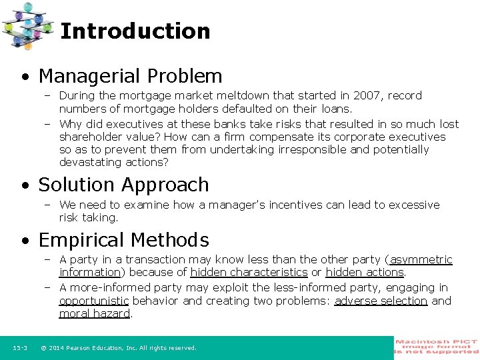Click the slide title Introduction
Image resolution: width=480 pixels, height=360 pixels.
135,31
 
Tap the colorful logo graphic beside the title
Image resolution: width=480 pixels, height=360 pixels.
27,25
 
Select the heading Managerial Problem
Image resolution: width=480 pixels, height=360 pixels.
130,76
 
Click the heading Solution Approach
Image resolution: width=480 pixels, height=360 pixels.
123,185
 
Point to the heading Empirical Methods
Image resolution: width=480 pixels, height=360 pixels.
123,240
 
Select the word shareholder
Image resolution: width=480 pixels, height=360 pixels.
91,137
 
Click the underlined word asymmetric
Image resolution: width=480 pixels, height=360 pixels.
421,259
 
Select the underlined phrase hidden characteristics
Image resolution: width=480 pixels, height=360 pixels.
249,272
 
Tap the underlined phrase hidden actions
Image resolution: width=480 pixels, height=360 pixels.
365,272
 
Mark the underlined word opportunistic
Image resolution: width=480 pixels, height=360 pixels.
93,301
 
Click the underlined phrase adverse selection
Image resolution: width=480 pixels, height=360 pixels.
381,301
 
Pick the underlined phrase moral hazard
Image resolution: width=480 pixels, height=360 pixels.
95,313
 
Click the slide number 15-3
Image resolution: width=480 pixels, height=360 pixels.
19,348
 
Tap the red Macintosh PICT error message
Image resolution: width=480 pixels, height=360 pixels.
436,347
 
